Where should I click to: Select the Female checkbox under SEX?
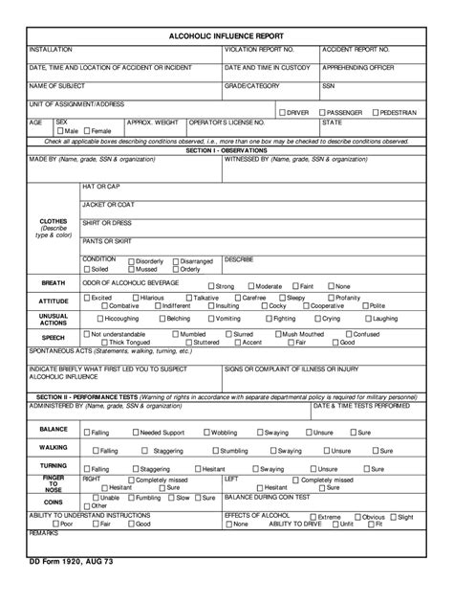[x=87, y=130]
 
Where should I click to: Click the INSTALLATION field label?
[x=49, y=48]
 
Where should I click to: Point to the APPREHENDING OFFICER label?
[x=356, y=68]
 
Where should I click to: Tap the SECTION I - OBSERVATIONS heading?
[x=226, y=150]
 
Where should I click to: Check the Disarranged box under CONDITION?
[x=176, y=261]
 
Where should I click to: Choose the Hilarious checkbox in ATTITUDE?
[x=135, y=298]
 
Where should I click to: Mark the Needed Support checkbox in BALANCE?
[x=135, y=433]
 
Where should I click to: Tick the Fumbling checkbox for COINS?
[x=130, y=498]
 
